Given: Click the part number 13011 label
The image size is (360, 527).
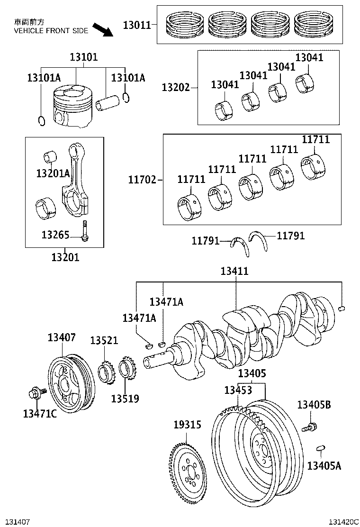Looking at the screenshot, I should pos(137,25).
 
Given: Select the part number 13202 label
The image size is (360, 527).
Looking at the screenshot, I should pos(175,88).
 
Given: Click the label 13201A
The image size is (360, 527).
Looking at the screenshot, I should pos(53,173).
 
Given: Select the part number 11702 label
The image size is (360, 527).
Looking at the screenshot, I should pos(142,180).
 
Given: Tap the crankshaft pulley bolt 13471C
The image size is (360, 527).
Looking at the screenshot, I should pos(36,393).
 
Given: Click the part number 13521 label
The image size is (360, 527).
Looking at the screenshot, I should pos(104,341).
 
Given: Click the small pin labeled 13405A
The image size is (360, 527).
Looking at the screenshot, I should pos(320,447).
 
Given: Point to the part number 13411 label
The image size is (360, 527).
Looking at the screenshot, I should pos(234,272).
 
